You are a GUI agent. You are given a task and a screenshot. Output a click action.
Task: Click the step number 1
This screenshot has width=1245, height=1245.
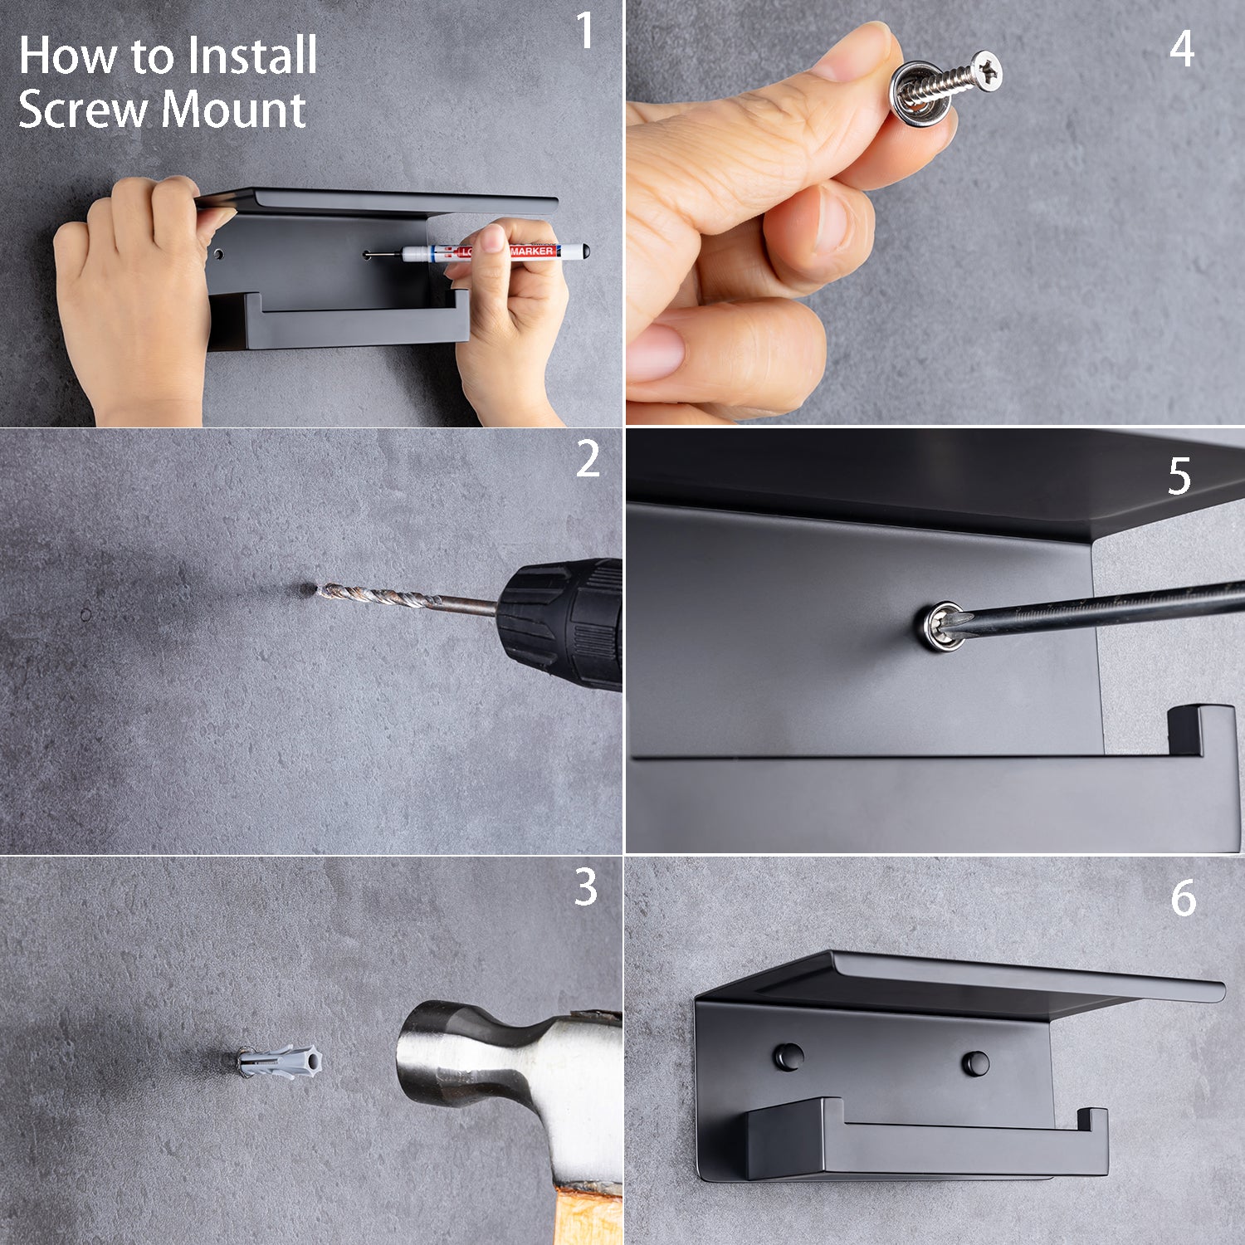pyautogui.click(x=586, y=32)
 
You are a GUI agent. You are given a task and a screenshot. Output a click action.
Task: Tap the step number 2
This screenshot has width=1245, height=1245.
pyautogui.click(x=588, y=459)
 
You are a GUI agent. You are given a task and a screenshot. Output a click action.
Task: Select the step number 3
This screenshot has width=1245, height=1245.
pyautogui.click(x=586, y=887)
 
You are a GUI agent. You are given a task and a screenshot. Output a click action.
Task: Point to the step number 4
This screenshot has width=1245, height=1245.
pyautogui.click(x=1182, y=49)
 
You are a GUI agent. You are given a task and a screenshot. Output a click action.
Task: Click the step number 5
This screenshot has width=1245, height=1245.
pyautogui.click(x=1179, y=476)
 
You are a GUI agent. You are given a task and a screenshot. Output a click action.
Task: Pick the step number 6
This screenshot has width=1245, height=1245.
pyautogui.click(x=1184, y=899)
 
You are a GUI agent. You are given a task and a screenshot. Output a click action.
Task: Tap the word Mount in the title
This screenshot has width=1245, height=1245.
pyautogui.click(x=234, y=110)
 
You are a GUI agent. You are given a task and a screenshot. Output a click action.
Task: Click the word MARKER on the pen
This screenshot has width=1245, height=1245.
pyautogui.click(x=531, y=251)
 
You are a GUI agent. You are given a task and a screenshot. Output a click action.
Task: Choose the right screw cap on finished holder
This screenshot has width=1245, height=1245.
pyautogui.click(x=975, y=1063)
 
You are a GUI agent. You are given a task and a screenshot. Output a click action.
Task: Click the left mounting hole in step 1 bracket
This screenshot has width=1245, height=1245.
pyautogui.click(x=218, y=253)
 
